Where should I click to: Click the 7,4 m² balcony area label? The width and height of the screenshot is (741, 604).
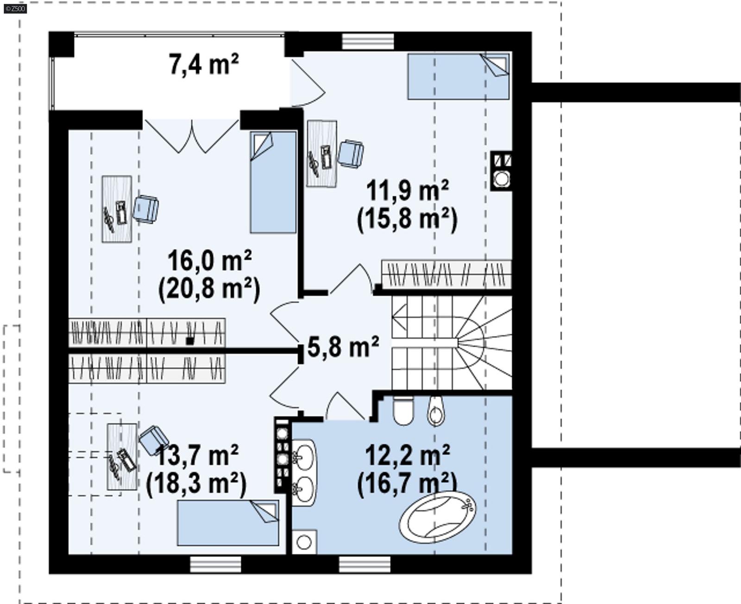pos(204,64)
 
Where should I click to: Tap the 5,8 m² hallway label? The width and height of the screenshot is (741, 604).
pos(343,347)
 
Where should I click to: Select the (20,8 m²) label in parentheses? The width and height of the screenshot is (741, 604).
pos(209,289)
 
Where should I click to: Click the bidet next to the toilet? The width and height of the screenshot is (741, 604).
pos(436,411)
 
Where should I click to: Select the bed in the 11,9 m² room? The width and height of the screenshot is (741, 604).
pos(458,76)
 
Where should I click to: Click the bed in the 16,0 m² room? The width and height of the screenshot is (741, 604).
pos(273,182)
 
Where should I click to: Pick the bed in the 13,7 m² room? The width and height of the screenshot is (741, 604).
pos(228,523)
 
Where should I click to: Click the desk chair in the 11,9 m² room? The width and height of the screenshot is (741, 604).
pos(351,154)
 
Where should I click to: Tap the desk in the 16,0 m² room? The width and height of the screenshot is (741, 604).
pos(117,209)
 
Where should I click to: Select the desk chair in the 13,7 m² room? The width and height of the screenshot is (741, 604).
pos(154,439)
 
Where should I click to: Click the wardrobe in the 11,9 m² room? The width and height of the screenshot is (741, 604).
pos(446,274)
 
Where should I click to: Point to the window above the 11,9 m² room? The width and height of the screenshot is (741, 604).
pos(368,41)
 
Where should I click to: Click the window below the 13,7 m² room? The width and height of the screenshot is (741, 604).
pos(215,564)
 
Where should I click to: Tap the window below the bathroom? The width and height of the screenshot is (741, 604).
pos(364,564)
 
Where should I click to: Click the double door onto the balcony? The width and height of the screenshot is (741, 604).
pos(191,134)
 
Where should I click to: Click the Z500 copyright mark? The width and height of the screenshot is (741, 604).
pos(15,8)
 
